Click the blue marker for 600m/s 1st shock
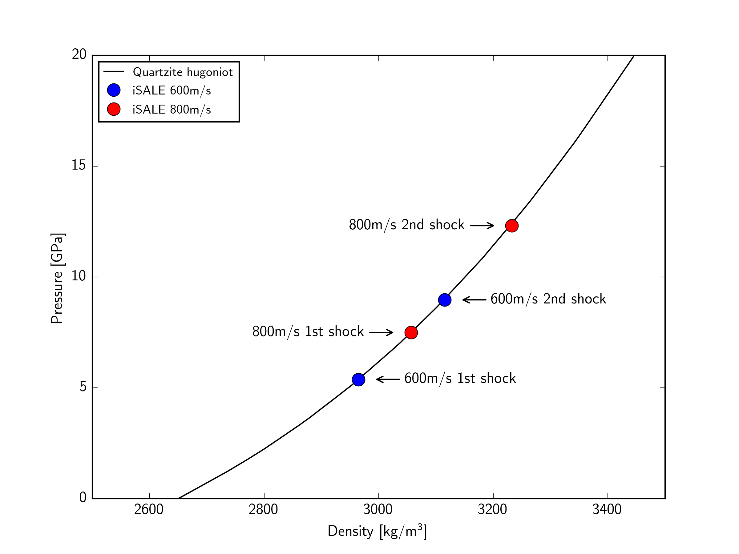pyautogui.click(x=358, y=379)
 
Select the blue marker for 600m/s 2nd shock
pyautogui.click(x=445, y=300)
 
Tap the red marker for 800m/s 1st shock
pyautogui.click(x=411, y=332)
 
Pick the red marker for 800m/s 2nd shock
pyautogui.click(x=512, y=226)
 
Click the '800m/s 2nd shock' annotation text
pyautogui.click(x=406, y=225)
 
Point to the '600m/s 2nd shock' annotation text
pyautogui.click(x=548, y=299)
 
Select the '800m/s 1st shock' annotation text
pyautogui.click(x=308, y=332)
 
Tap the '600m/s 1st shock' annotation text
pyautogui.click(x=460, y=379)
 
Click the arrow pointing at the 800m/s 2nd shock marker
pyautogui.click(x=482, y=226)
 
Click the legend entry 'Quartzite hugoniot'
pyautogui.click(x=182, y=72)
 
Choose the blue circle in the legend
pyautogui.click(x=114, y=90)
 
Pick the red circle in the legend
pyautogui.click(x=114, y=109)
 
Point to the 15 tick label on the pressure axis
pyautogui.click(x=79, y=165)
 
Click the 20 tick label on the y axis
pyautogui.click(x=79, y=54)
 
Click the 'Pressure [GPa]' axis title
pyautogui.click(x=57, y=278)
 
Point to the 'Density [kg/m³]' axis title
pyautogui.click(x=377, y=531)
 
